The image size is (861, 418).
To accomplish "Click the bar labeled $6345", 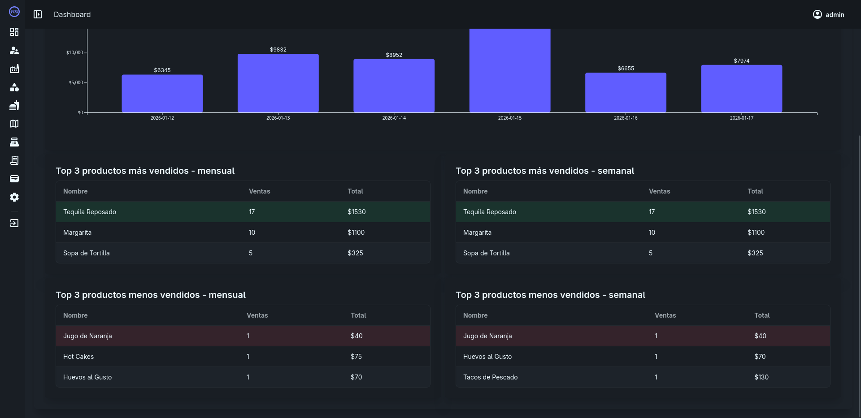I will (162, 93).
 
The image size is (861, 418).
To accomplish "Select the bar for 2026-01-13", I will (278, 83).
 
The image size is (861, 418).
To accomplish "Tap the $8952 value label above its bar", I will (394, 55).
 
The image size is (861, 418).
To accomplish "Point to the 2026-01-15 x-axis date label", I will (509, 118).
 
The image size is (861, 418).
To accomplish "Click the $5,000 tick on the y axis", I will (75, 82).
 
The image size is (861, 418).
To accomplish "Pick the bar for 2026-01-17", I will (741, 88).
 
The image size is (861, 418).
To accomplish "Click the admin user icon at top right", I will (817, 14).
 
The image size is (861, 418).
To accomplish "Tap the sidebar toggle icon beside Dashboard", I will (38, 14).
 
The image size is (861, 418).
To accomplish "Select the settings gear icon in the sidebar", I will (14, 197).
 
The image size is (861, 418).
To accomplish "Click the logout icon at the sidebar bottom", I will (14, 223).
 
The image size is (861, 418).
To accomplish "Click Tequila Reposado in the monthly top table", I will (90, 212).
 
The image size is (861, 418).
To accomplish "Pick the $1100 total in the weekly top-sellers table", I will (756, 233).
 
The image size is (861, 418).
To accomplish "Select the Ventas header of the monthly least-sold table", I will (257, 315).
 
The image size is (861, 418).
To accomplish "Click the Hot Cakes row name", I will (78, 357).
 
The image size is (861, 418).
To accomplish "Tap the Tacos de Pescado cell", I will (490, 377).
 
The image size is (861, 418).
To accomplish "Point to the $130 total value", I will (761, 377).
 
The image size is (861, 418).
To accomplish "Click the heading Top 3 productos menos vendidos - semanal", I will (550, 295).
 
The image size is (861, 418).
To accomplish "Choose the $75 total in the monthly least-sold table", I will (356, 357).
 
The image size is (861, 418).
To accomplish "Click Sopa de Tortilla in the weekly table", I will (486, 253).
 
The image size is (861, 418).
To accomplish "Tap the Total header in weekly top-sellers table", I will (755, 191).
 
